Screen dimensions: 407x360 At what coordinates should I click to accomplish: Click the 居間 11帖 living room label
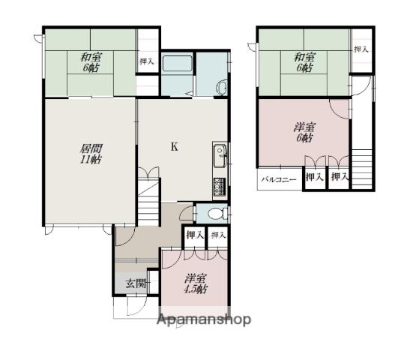pyautogui.click(x=91, y=154)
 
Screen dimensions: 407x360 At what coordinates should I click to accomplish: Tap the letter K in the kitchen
pyautogui.click(x=175, y=147)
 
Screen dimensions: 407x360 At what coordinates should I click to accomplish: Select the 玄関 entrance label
pyautogui.click(x=136, y=283)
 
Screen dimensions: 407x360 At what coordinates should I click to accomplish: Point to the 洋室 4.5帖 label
pyautogui.click(x=196, y=283)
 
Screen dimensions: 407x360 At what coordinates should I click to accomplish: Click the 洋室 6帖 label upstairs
pyautogui.click(x=305, y=132)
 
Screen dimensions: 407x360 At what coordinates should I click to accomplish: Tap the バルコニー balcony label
pyautogui.click(x=279, y=180)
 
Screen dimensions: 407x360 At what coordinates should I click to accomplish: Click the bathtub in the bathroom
pyautogui.click(x=178, y=63)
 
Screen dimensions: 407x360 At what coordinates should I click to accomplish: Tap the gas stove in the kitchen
pyautogui.click(x=220, y=187)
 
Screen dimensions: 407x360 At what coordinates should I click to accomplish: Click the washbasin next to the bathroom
pyautogui.click(x=222, y=88)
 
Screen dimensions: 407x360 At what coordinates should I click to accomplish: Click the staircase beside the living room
pyautogui.click(x=148, y=202)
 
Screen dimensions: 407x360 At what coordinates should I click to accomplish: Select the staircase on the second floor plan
pyautogui.click(x=362, y=169)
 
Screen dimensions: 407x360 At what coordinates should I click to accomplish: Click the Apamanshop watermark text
pyautogui.click(x=204, y=319)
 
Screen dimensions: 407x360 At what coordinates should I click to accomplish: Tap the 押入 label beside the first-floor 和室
pyautogui.click(x=147, y=61)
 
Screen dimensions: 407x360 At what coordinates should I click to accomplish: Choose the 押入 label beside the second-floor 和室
pyautogui.click(x=361, y=49)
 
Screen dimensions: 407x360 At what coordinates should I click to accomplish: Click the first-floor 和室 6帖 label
pyautogui.click(x=91, y=62)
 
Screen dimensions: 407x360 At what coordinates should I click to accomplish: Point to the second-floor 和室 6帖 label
pyautogui.click(x=305, y=62)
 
